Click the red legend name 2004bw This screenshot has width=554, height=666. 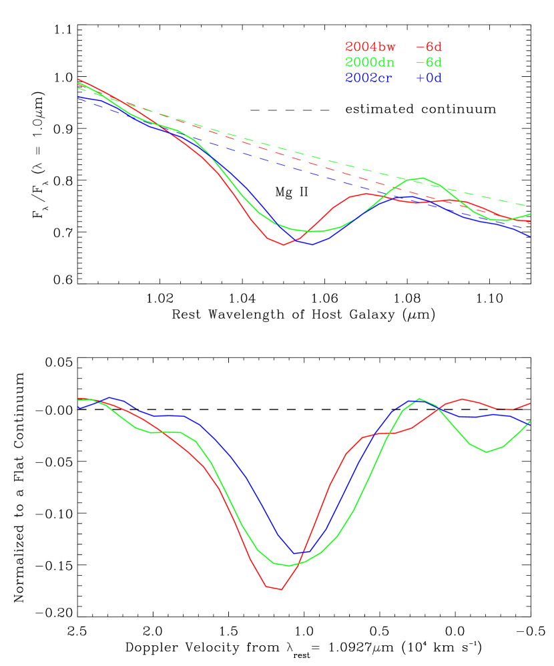coord(370,47)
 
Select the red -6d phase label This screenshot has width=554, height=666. coord(429,47)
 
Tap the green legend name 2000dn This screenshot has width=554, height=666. coord(370,63)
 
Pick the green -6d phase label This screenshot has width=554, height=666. coord(429,63)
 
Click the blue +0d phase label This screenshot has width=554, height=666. coord(429,78)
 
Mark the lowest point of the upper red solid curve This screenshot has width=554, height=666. coord(283,244)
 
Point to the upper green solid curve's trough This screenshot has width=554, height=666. coord(317,232)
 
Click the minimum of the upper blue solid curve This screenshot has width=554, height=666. coord(312,244)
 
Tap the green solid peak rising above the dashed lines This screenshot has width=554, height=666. coord(423,178)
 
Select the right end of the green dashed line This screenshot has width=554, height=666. coord(529,206)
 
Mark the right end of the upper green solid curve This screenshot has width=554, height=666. coord(530,214)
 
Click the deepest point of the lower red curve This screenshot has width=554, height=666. coord(281,589)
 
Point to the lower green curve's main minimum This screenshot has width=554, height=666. coord(288,566)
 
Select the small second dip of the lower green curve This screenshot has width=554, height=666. coord(487,452)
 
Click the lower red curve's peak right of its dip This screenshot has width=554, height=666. coord(462,399)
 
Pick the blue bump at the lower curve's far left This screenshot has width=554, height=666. coord(110,397)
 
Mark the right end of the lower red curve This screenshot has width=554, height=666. coord(530,403)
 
